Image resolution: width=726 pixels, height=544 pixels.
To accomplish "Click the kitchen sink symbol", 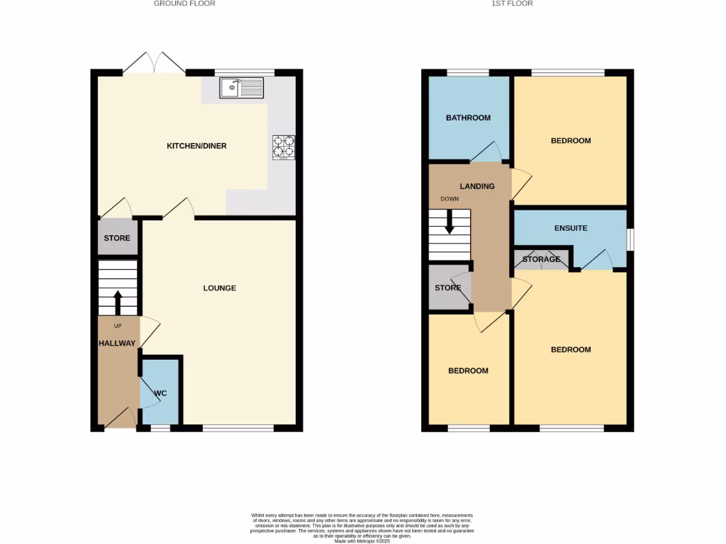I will pyautogui.click(x=242, y=88).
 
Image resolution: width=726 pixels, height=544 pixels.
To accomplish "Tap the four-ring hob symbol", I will pyautogui.click(x=283, y=145).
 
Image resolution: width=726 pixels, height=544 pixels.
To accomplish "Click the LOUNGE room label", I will pyautogui.click(x=219, y=288).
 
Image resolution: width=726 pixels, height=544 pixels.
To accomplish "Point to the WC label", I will pyautogui.click(x=160, y=392).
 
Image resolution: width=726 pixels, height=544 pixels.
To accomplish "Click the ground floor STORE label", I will pyautogui.click(x=117, y=238).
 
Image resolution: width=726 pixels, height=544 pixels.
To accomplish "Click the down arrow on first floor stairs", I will pyautogui.click(x=449, y=224).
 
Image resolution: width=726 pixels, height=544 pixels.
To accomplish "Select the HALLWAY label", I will pyautogui.click(x=117, y=343).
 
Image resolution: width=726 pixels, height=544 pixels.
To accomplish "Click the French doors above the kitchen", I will pyautogui.click(x=155, y=64).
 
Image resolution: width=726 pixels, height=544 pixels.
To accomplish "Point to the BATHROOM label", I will pyautogui.click(x=468, y=118).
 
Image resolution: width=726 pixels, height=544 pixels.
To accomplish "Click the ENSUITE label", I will pyautogui.click(x=570, y=228).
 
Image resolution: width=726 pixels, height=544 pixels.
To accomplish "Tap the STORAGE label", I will pyautogui.click(x=541, y=260).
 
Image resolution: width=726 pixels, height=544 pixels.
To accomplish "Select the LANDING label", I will pyautogui.click(x=477, y=186).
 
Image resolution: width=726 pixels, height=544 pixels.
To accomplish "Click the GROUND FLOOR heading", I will pyautogui.click(x=184, y=4).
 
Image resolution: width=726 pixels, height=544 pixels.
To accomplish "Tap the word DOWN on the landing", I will pyautogui.click(x=449, y=199).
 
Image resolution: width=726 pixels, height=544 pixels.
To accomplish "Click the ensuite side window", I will pyautogui.click(x=630, y=239).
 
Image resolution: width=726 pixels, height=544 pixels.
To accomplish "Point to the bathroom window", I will pyautogui.click(x=468, y=72).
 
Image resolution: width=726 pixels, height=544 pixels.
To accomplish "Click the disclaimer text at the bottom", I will pyautogui.click(x=362, y=528).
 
